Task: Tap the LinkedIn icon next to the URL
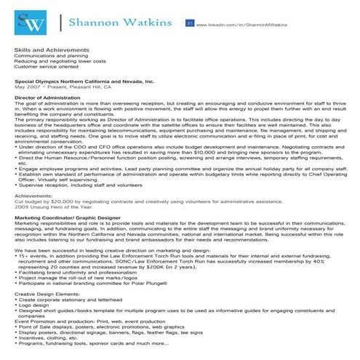[190, 24]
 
